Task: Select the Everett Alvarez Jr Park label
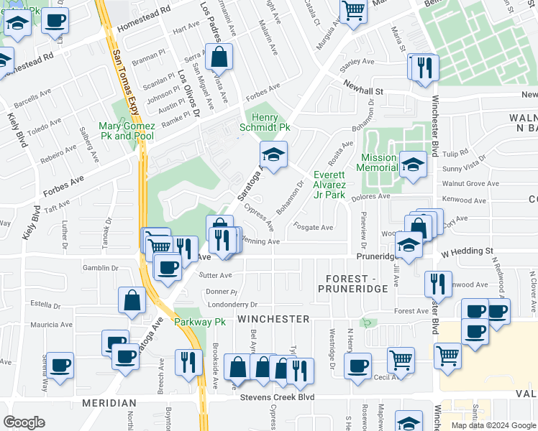329,185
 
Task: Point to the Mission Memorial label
379,162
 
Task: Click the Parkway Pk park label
199,322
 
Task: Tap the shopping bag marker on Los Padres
222,57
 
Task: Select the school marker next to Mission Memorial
413,165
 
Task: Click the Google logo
24,422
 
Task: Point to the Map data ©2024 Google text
493,425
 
